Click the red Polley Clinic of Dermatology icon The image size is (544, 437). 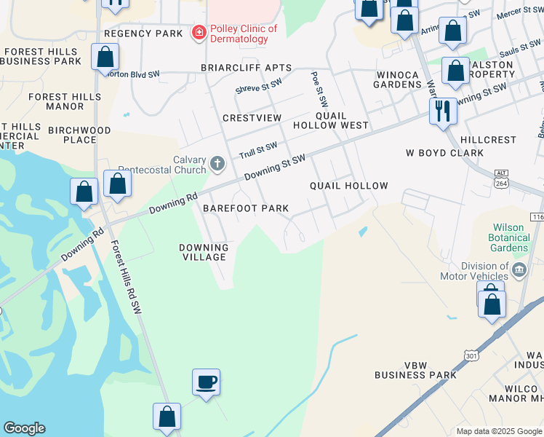point(197,33)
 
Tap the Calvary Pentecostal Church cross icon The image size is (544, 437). point(217,164)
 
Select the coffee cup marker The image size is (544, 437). point(206,382)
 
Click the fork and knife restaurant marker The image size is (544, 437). point(442,111)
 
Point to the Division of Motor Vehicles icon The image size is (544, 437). point(519,271)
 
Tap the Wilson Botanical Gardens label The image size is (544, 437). point(509,237)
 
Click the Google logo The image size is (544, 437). point(24,428)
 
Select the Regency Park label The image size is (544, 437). point(143,34)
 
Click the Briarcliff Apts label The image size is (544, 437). point(246,68)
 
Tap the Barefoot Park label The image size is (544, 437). point(246,208)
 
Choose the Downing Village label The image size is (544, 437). point(204,252)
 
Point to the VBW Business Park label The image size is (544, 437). point(415,370)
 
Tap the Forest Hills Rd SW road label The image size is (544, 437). point(124,277)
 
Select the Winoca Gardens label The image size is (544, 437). point(398,79)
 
